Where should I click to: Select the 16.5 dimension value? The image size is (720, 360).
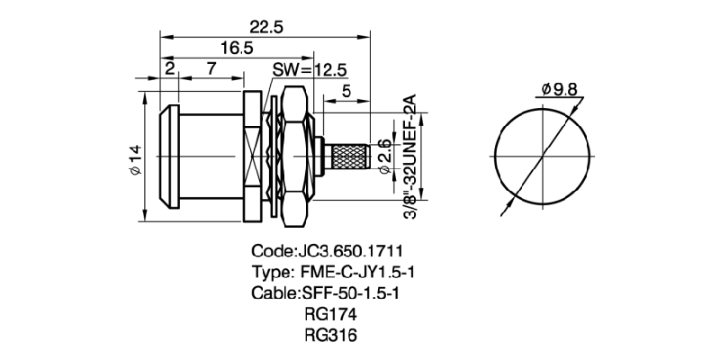(x=237, y=49)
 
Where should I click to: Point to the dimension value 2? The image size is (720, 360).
(x=168, y=69)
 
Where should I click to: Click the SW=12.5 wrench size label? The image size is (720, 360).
(x=310, y=70)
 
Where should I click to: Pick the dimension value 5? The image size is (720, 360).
(x=346, y=90)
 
